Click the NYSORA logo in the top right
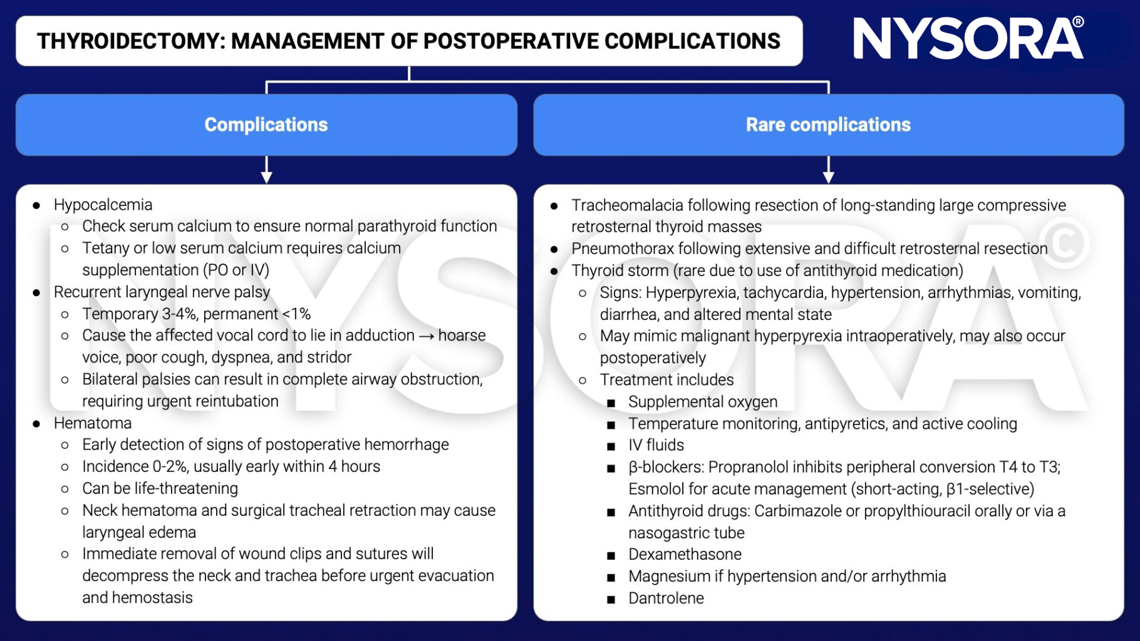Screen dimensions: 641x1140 pos(967,39)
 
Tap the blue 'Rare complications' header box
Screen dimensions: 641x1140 pos(828,125)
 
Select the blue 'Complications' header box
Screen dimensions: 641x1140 pos(266,125)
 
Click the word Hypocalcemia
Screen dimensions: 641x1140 pos(103,205)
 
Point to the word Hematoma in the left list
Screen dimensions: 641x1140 pos(93,423)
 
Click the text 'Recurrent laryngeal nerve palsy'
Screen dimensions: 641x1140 pos(162,292)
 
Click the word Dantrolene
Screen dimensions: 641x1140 pos(666,598)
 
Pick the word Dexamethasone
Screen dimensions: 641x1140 pos(685,554)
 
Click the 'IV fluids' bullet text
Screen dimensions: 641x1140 pos(656,445)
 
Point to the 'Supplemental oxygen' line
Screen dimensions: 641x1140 pos(703,402)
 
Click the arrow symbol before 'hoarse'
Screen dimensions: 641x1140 pos(426,336)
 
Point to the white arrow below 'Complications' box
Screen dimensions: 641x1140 pos(266,170)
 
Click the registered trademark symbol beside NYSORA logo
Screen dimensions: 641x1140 pos(1078,22)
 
